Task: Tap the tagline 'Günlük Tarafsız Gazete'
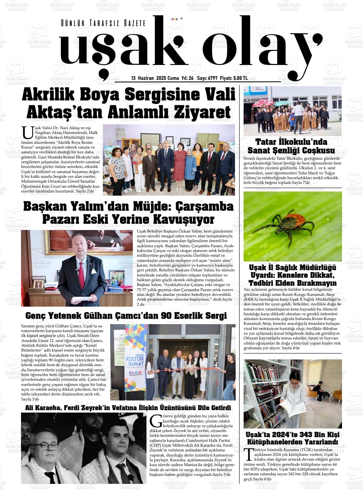click(x=103, y=23)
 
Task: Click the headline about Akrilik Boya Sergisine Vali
click(x=128, y=103)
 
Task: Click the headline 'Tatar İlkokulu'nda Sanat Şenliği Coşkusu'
click(x=291, y=146)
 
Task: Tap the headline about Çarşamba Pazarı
click(x=128, y=213)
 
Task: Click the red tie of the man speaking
click(x=81, y=270)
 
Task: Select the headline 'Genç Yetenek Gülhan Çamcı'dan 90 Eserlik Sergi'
click(x=126, y=316)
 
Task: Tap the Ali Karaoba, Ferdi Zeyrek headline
click(x=128, y=408)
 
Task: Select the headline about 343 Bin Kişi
click(x=292, y=438)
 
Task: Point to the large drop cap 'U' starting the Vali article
click(x=27, y=133)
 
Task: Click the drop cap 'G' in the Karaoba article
click(x=156, y=420)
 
